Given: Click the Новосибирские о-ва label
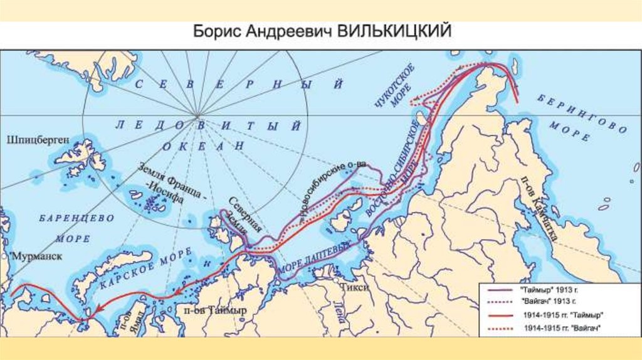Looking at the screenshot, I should point(332,188).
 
